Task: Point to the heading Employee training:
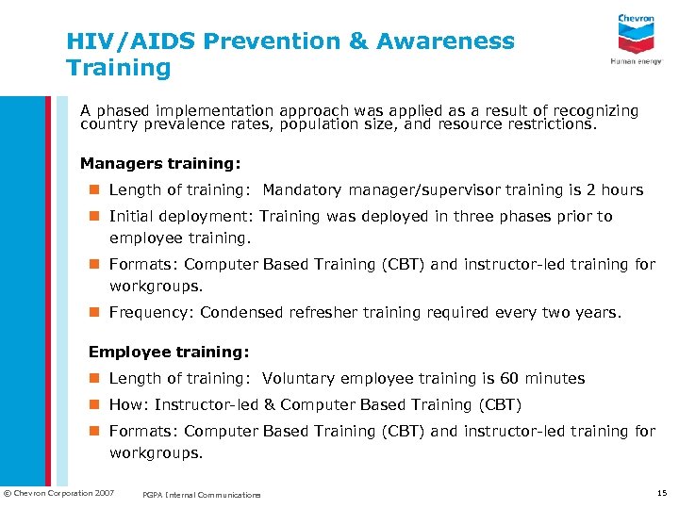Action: click(169, 352)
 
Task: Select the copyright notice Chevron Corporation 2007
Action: click(58, 493)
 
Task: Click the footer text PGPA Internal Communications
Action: click(201, 495)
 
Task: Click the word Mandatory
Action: click(305, 189)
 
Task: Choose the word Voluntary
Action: click(300, 378)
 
